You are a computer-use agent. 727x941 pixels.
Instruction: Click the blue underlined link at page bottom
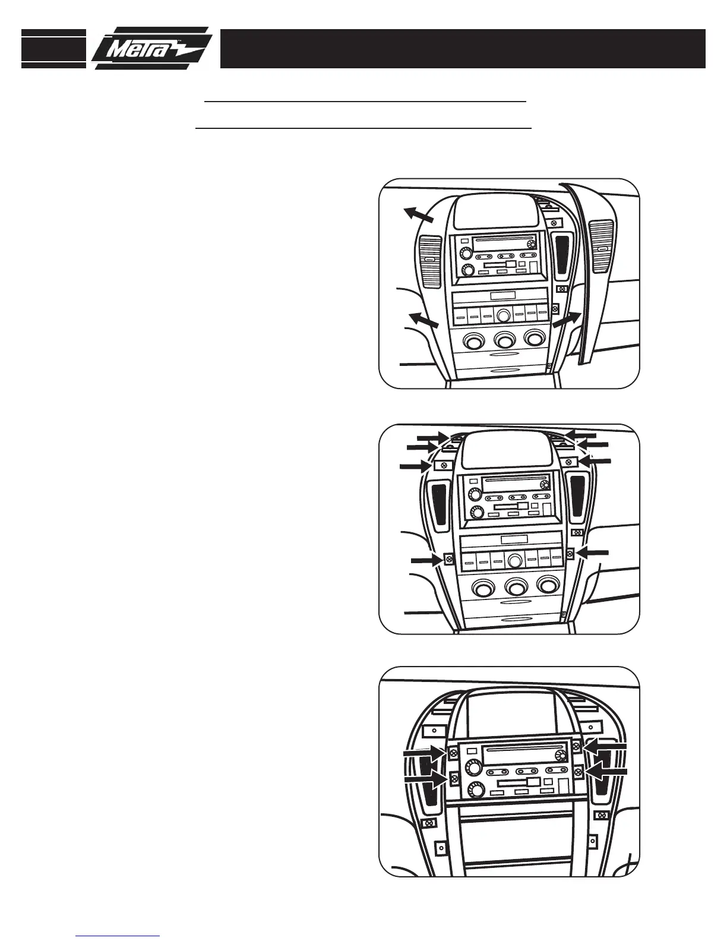click(118, 936)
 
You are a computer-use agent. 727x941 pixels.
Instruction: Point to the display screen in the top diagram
click(488, 214)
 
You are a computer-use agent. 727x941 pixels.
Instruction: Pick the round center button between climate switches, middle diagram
click(515, 560)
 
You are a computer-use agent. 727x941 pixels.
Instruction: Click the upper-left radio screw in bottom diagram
click(453, 753)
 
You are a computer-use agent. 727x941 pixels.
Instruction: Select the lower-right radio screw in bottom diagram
click(578, 771)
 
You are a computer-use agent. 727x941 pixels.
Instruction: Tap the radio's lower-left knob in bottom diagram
click(476, 790)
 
